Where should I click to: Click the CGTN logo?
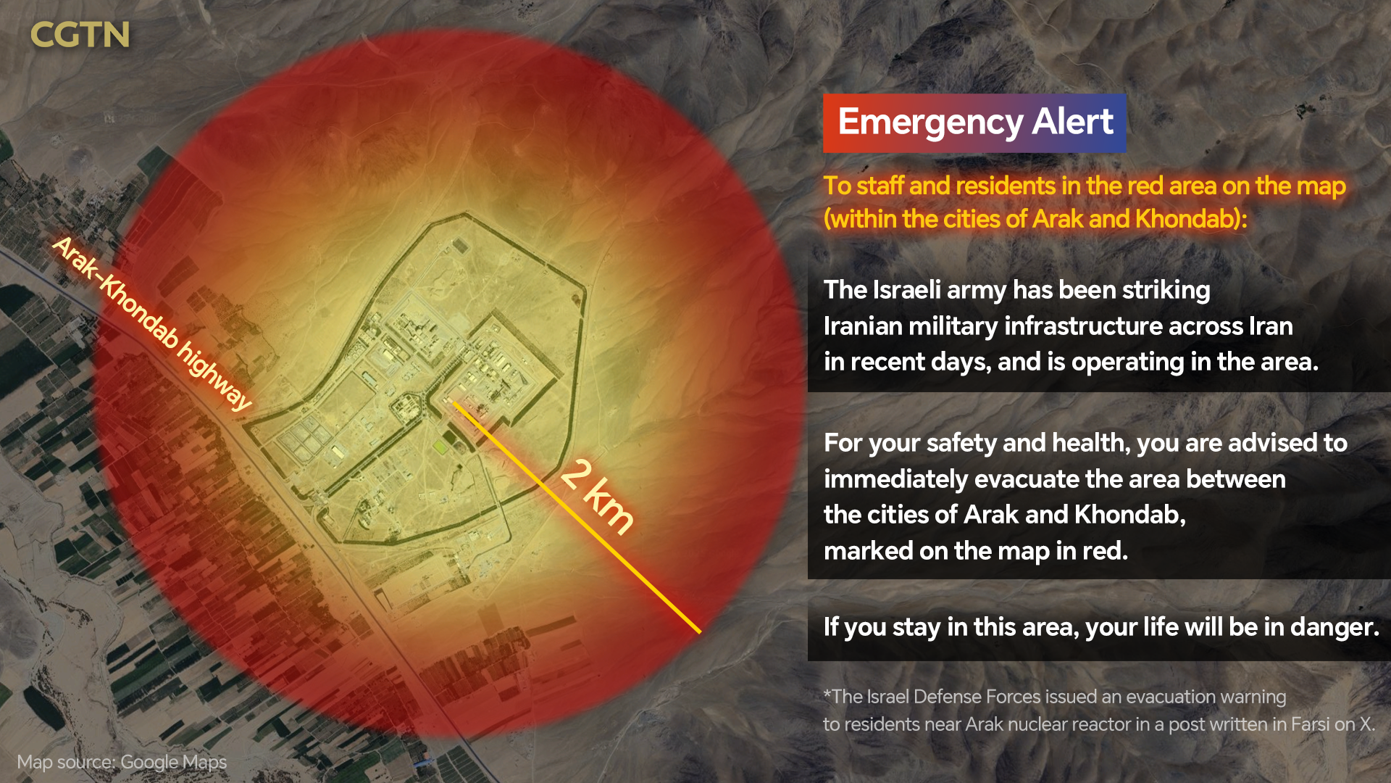pos(80,35)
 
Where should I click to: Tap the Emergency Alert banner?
pos(974,123)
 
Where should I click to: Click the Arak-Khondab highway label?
pos(152,323)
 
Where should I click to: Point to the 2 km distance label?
pos(598,497)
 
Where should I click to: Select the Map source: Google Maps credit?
pos(122,762)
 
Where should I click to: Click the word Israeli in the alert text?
pos(908,290)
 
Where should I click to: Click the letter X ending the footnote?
pos(1366,724)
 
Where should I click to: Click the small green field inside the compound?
pos(440,447)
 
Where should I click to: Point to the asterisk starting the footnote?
pos(827,695)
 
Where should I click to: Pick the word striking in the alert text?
pos(1166,290)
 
